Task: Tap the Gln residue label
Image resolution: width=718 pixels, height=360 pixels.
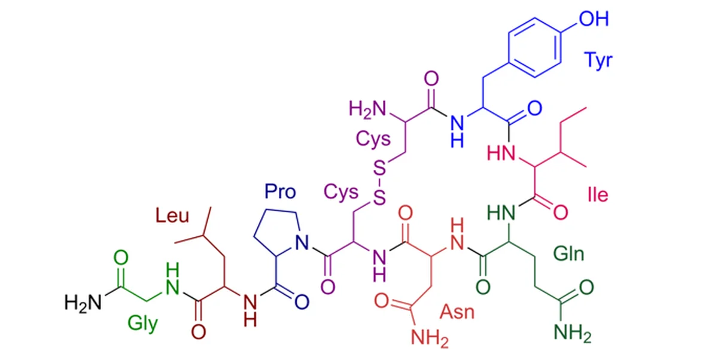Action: (569, 254)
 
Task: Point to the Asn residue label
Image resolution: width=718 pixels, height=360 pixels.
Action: (457, 312)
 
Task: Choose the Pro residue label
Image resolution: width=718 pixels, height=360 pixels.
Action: (280, 191)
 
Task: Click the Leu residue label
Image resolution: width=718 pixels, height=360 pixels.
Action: (172, 215)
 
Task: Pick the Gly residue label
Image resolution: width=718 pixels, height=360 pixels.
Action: (142, 324)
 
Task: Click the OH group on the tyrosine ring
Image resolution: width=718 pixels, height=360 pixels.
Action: (594, 19)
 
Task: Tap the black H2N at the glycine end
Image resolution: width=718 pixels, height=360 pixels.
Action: (83, 303)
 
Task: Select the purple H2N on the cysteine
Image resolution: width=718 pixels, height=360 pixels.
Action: (367, 109)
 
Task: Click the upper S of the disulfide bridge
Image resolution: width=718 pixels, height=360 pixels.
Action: (380, 168)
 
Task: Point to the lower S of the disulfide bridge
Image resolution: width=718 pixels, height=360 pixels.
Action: (380, 197)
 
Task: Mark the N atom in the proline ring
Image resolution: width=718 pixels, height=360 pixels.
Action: (302, 242)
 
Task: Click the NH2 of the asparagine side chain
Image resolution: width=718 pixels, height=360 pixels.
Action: (430, 338)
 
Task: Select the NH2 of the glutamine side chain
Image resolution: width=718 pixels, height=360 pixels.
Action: (573, 333)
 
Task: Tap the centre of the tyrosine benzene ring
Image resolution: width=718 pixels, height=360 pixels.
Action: (535, 47)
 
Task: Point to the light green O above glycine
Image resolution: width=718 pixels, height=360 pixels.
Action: (121, 257)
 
